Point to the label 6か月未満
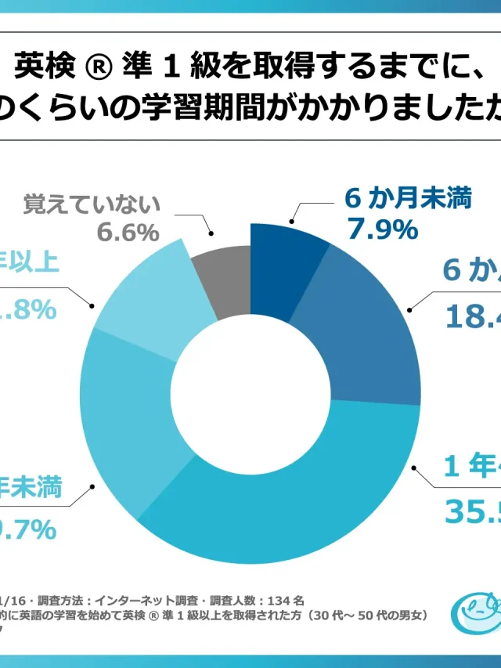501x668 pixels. tap(409, 199)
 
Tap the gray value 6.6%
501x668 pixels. tap(128, 233)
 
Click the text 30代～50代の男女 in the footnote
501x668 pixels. tap(367, 616)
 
